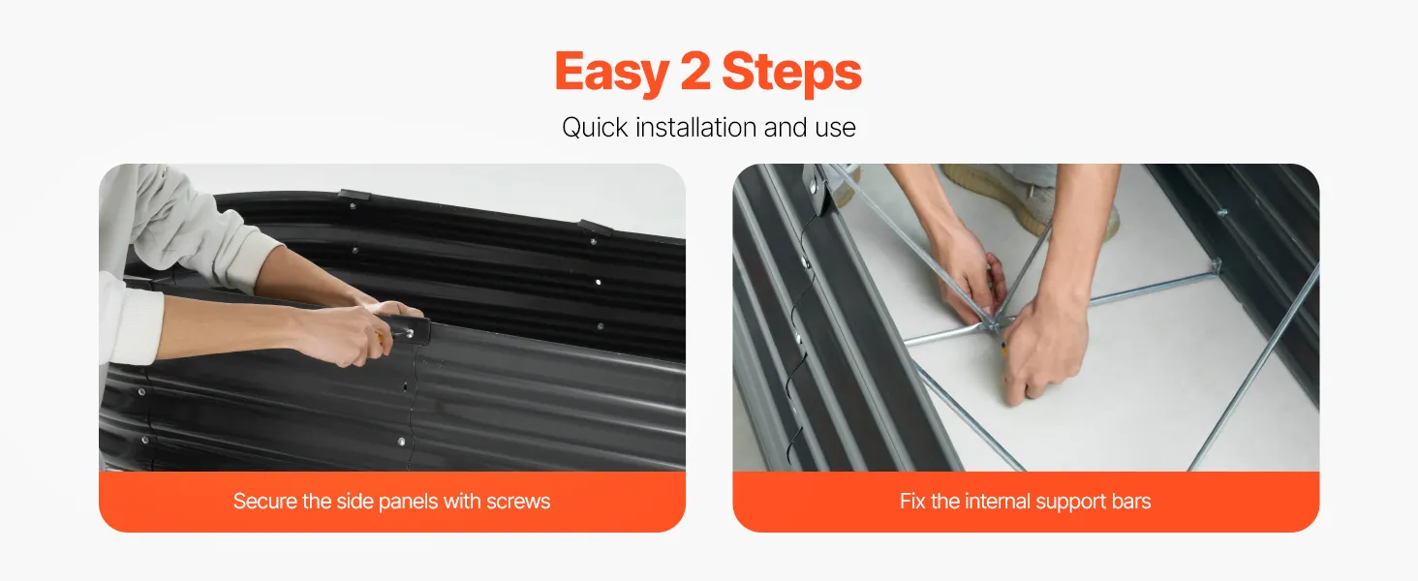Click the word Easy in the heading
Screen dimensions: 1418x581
coord(612,73)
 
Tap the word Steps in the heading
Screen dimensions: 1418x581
coord(791,73)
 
